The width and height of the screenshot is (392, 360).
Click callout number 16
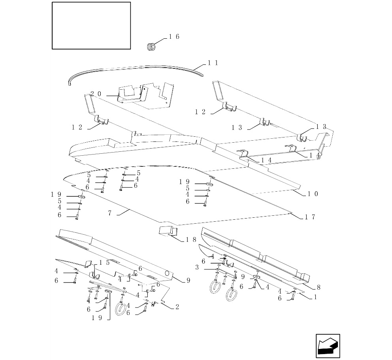pyautogui.click(x=174, y=37)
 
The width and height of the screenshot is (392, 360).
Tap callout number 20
pyautogui.click(x=96, y=94)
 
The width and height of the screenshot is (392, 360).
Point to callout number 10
pyautogui.click(x=313, y=194)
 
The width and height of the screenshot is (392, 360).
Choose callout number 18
pyautogui.click(x=191, y=240)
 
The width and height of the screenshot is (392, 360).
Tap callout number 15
pyautogui.click(x=104, y=262)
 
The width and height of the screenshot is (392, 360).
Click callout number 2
pyautogui.click(x=177, y=307)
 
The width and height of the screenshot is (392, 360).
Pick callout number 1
pyautogui.click(x=315, y=297)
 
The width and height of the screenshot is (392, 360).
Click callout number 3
pyautogui.click(x=197, y=268)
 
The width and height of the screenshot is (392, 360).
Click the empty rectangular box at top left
pyautogui.click(x=91, y=26)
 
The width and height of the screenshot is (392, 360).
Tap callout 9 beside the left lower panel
pyautogui.click(x=188, y=281)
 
